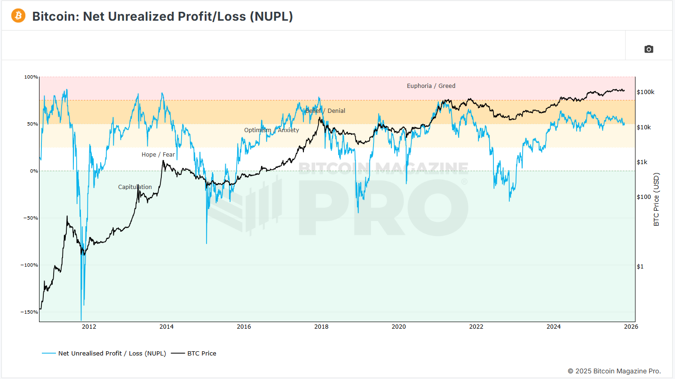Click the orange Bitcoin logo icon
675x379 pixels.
coord(18,16)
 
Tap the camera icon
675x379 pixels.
coord(649,49)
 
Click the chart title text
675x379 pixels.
coord(162,16)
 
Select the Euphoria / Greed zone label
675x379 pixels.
coord(431,86)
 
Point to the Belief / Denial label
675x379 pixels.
coord(325,111)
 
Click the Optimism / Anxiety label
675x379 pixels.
coord(271,130)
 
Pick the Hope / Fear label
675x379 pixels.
coord(158,155)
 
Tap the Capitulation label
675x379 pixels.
coord(135,187)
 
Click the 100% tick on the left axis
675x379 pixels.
coord(31,77)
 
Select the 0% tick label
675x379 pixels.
coord(34,171)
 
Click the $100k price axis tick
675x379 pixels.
coord(645,92)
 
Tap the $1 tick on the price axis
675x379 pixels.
coord(640,267)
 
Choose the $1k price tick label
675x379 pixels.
coord(642,162)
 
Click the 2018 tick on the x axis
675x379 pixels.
coord(321,327)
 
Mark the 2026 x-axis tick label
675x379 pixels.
coord(631,327)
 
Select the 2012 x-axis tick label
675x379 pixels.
coord(89,327)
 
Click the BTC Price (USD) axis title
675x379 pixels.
coord(657,199)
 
